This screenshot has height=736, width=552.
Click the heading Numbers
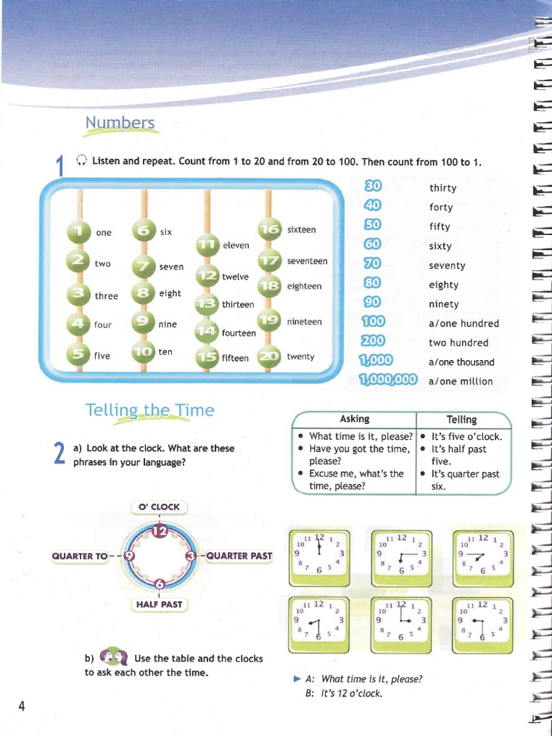click(120, 123)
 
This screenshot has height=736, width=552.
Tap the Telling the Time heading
click(149, 410)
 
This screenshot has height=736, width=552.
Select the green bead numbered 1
click(79, 231)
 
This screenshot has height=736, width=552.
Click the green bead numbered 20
click(271, 356)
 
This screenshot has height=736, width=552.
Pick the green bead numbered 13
click(208, 304)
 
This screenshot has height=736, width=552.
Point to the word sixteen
click(301, 229)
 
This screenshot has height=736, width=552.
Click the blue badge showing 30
click(373, 186)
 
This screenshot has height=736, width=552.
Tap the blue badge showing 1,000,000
click(388, 380)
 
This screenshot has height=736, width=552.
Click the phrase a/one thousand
click(461, 362)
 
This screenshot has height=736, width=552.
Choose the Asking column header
click(354, 419)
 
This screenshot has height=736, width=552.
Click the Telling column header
click(461, 420)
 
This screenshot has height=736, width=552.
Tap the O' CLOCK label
click(160, 507)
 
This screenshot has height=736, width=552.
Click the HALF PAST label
click(160, 604)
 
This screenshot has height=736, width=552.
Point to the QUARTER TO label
click(80, 556)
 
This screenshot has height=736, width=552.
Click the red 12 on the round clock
click(160, 531)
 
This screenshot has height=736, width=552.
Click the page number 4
click(22, 706)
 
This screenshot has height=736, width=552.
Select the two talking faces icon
click(113, 657)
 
